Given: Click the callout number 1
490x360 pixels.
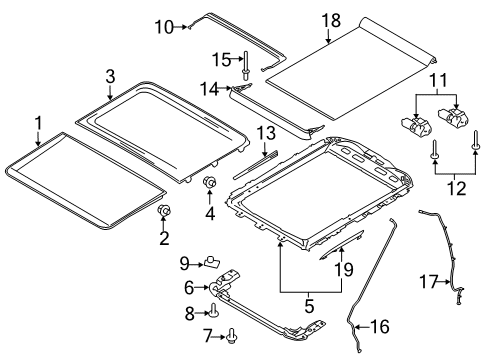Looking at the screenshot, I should tap(38, 123).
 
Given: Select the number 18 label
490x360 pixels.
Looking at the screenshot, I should tap(329, 20).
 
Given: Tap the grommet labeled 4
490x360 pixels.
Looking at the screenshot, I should tap(211, 182).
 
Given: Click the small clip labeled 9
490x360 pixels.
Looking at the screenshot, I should tap(212, 263).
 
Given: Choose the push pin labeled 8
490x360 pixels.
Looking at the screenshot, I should tap(216, 310).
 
